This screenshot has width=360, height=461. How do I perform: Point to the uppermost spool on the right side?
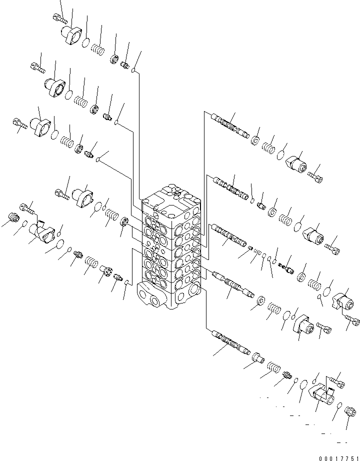[x=229, y=125]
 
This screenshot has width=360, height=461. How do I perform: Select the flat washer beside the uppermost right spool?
[x=255, y=140]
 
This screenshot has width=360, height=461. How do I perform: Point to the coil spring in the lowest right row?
[x=271, y=369]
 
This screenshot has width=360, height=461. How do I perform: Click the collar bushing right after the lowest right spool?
[x=258, y=357]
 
